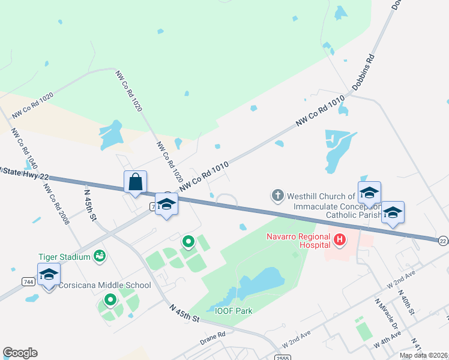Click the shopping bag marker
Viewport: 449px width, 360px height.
(135, 182)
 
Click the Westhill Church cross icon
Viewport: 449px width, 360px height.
(277, 195)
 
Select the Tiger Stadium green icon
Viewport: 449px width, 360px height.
(100, 257)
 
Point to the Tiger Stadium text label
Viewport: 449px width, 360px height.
(64, 257)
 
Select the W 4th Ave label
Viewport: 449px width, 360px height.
(387, 339)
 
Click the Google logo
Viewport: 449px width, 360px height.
(20, 353)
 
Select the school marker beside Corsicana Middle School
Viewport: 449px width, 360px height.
(49, 275)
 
